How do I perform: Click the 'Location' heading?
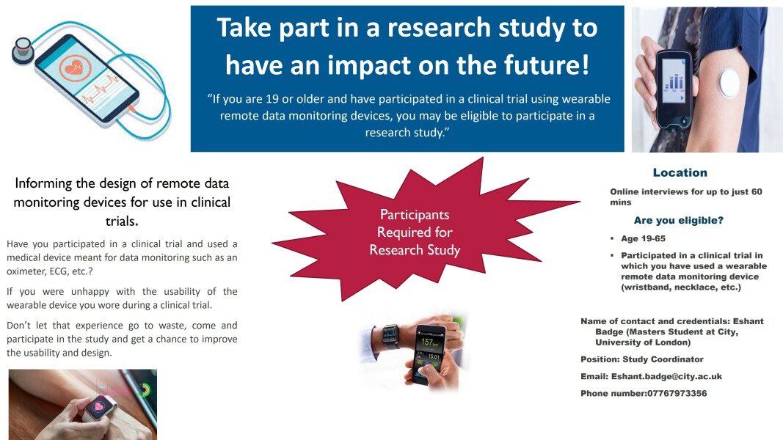[x=680, y=172]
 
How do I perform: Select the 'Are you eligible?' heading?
[x=678, y=220]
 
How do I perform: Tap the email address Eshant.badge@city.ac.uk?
[x=666, y=376]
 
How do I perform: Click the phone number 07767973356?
[x=677, y=393]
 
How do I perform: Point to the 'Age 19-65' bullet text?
[x=643, y=238]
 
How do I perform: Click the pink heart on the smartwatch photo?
[x=99, y=406]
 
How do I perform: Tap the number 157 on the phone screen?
[x=427, y=342]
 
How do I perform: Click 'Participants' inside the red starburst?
[x=415, y=215]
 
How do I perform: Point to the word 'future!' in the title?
[x=547, y=65]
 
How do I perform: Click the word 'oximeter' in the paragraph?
[x=25, y=271]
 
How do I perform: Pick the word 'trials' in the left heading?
[x=120, y=221]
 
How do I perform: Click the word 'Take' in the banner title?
[x=245, y=27]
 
